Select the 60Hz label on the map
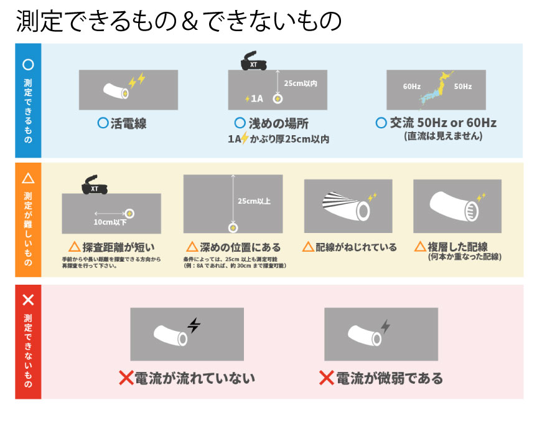click(x=412, y=87)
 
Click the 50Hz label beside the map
click(x=463, y=87)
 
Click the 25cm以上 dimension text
click(x=254, y=201)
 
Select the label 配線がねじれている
click(x=349, y=247)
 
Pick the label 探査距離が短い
click(x=111, y=247)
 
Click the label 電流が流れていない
click(x=187, y=378)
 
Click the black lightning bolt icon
click(x=194, y=325)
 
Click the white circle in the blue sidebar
click(x=28, y=64)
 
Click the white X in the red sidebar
click(x=28, y=300)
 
